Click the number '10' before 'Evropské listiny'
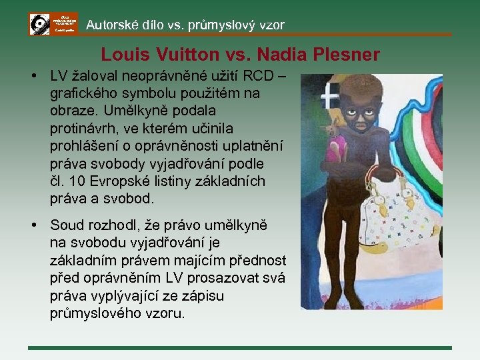point(75,181)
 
